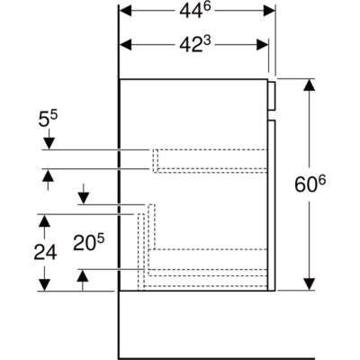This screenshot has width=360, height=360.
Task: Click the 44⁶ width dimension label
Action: [195, 12]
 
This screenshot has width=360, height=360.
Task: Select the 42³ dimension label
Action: [195, 45]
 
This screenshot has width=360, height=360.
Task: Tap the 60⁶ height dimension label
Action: [310, 184]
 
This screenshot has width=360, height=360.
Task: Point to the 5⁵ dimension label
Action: [48, 120]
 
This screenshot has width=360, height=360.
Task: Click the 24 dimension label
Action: [45, 252]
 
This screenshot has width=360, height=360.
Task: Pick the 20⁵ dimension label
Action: [89, 242]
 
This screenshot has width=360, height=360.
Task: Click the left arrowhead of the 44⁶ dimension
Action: [126, 12]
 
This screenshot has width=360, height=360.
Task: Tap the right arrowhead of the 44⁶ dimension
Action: [269, 12]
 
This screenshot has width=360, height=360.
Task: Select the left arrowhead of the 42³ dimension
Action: [126, 45]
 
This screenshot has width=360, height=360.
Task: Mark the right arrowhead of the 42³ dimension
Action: [262, 45]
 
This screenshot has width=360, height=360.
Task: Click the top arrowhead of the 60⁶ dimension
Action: [309, 85]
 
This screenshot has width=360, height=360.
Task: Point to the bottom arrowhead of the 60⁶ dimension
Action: [309, 284]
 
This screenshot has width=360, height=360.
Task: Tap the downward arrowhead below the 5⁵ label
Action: [49, 143]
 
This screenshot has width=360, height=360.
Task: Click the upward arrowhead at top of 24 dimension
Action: [44, 220]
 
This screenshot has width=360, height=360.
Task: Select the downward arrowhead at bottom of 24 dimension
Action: [44, 284]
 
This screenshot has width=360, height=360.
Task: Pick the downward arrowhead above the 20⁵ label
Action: [84, 198]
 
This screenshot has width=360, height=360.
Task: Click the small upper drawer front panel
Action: [272, 95]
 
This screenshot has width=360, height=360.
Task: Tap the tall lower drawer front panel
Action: [272, 205]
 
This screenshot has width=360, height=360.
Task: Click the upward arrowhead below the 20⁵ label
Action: [83, 275]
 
